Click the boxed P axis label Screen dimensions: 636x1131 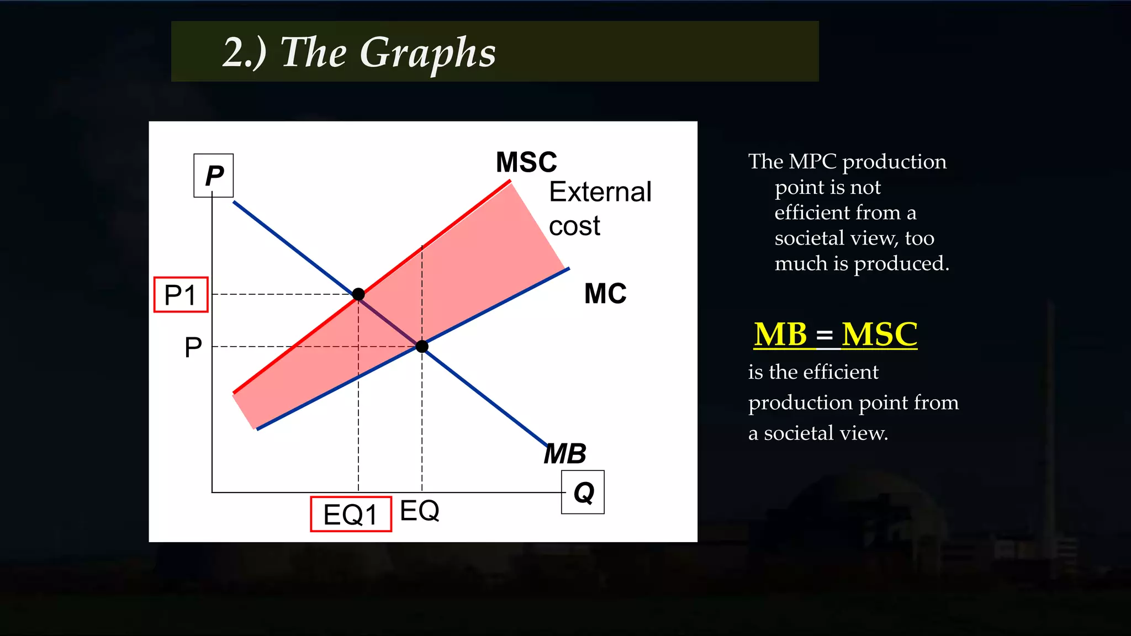[x=214, y=176]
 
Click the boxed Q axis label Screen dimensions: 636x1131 [x=583, y=492]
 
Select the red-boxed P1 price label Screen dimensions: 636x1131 [x=181, y=295]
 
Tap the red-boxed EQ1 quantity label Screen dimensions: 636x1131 [x=351, y=515]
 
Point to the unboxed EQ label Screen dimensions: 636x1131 [x=419, y=511]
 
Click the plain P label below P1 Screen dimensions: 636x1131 [x=193, y=347]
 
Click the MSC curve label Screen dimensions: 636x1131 [x=526, y=162]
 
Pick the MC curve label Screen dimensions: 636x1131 [x=605, y=294]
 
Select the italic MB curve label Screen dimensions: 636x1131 [x=565, y=454]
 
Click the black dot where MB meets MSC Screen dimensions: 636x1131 [x=358, y=294]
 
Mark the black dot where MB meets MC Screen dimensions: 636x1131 [x=422, y=347]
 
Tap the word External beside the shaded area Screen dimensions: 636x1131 [x=600, y=192]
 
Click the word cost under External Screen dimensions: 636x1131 [x=574, y=226]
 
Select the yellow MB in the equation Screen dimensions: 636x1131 [x=780, y=335]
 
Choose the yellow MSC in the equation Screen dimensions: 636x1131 [x=879, y=335]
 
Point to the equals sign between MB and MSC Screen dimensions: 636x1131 [x=824, y=336]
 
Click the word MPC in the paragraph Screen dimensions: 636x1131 [x=812, y=162]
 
